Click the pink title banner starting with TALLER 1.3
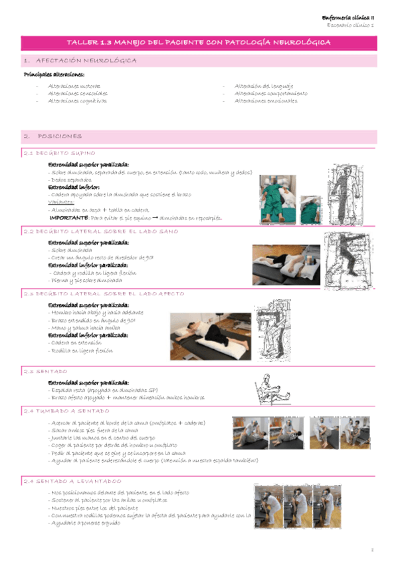tap(199, 42)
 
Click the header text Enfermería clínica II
tap(348, 17)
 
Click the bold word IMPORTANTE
tap(68, 217)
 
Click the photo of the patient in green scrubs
tap(275, 194)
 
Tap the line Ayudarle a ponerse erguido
tap(84, 523)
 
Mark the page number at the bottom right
tap(373, 550)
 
